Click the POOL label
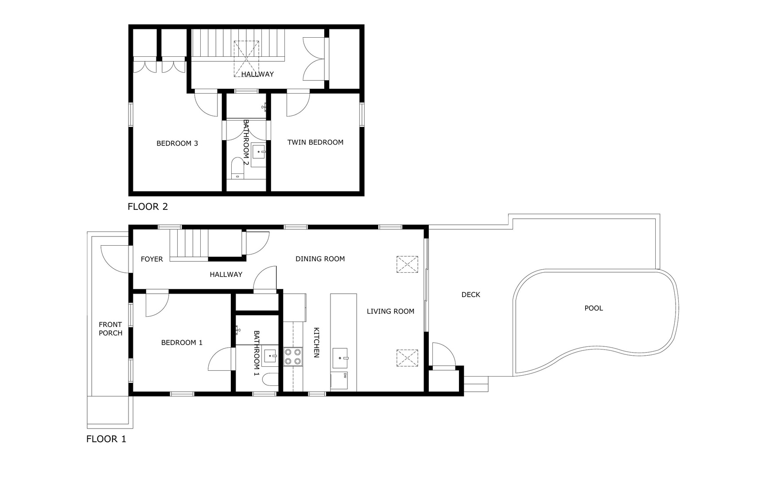594,308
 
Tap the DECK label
470,294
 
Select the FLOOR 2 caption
148,207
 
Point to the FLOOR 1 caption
106,439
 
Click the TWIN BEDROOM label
315,142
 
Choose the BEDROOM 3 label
177,143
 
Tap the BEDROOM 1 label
182,342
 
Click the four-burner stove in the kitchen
293,357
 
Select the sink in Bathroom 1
270,357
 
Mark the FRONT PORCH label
110,329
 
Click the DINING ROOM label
320,259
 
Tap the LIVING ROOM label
391,311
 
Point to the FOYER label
152,259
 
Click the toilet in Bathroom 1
270,380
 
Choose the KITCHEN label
317,342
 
